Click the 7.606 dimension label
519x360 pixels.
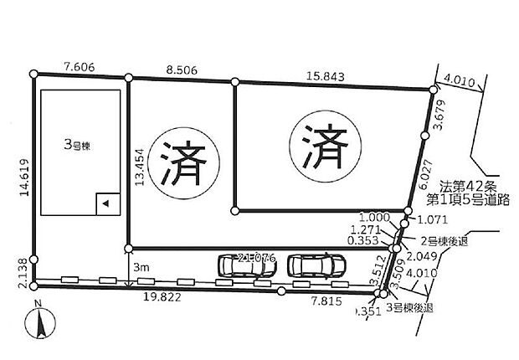pyautogui.click(x=80, y=64)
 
